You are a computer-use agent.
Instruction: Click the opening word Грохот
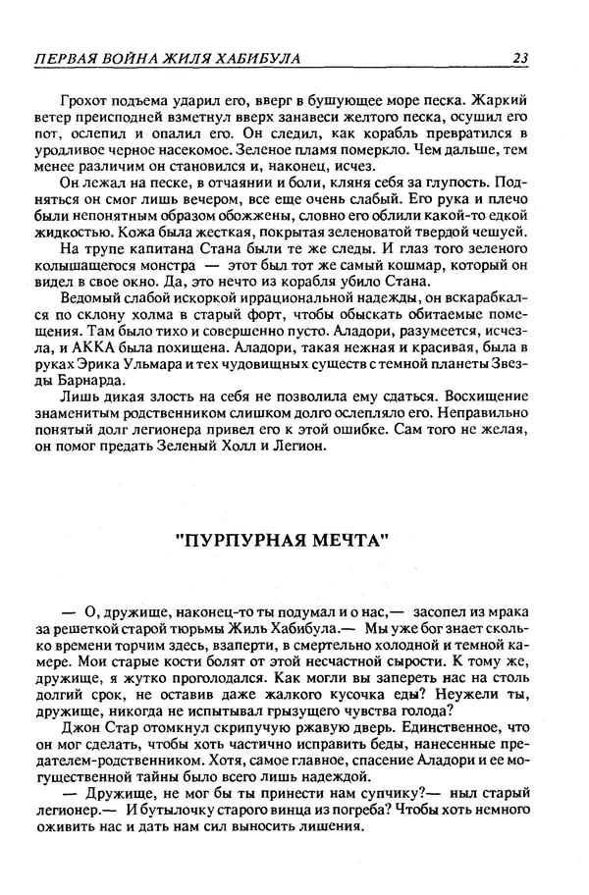pyautogui.click(x=85, y=99)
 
